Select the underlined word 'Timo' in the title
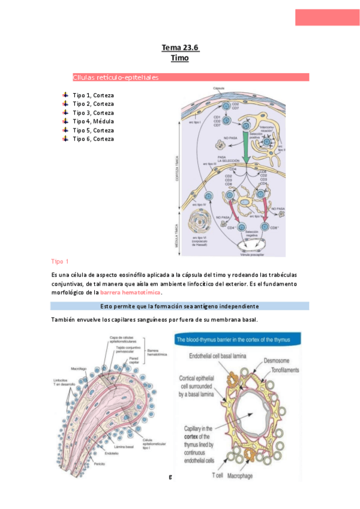pos(179,58)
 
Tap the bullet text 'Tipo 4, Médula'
pos(93,121)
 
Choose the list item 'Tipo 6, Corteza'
pos(93,139)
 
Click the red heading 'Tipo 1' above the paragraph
pos(61,261)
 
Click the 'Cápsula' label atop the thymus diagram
pos(219,88)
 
